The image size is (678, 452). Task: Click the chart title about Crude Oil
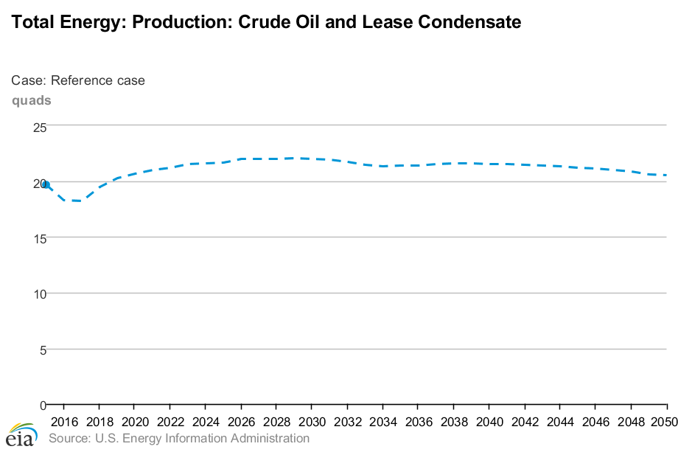click(267, 23)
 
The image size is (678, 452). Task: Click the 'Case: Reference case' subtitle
click(78, 80)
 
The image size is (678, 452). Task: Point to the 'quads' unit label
click(31, 100)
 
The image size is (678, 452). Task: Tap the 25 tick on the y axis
click(40, 127)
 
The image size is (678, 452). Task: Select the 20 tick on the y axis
click(38, 183)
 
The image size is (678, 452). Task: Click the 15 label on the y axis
click(40, 238)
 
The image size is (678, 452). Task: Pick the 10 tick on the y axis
click(40, 293)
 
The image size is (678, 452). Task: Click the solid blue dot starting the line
click(46, 184)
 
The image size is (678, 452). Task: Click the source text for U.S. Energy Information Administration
click(178, 439)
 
